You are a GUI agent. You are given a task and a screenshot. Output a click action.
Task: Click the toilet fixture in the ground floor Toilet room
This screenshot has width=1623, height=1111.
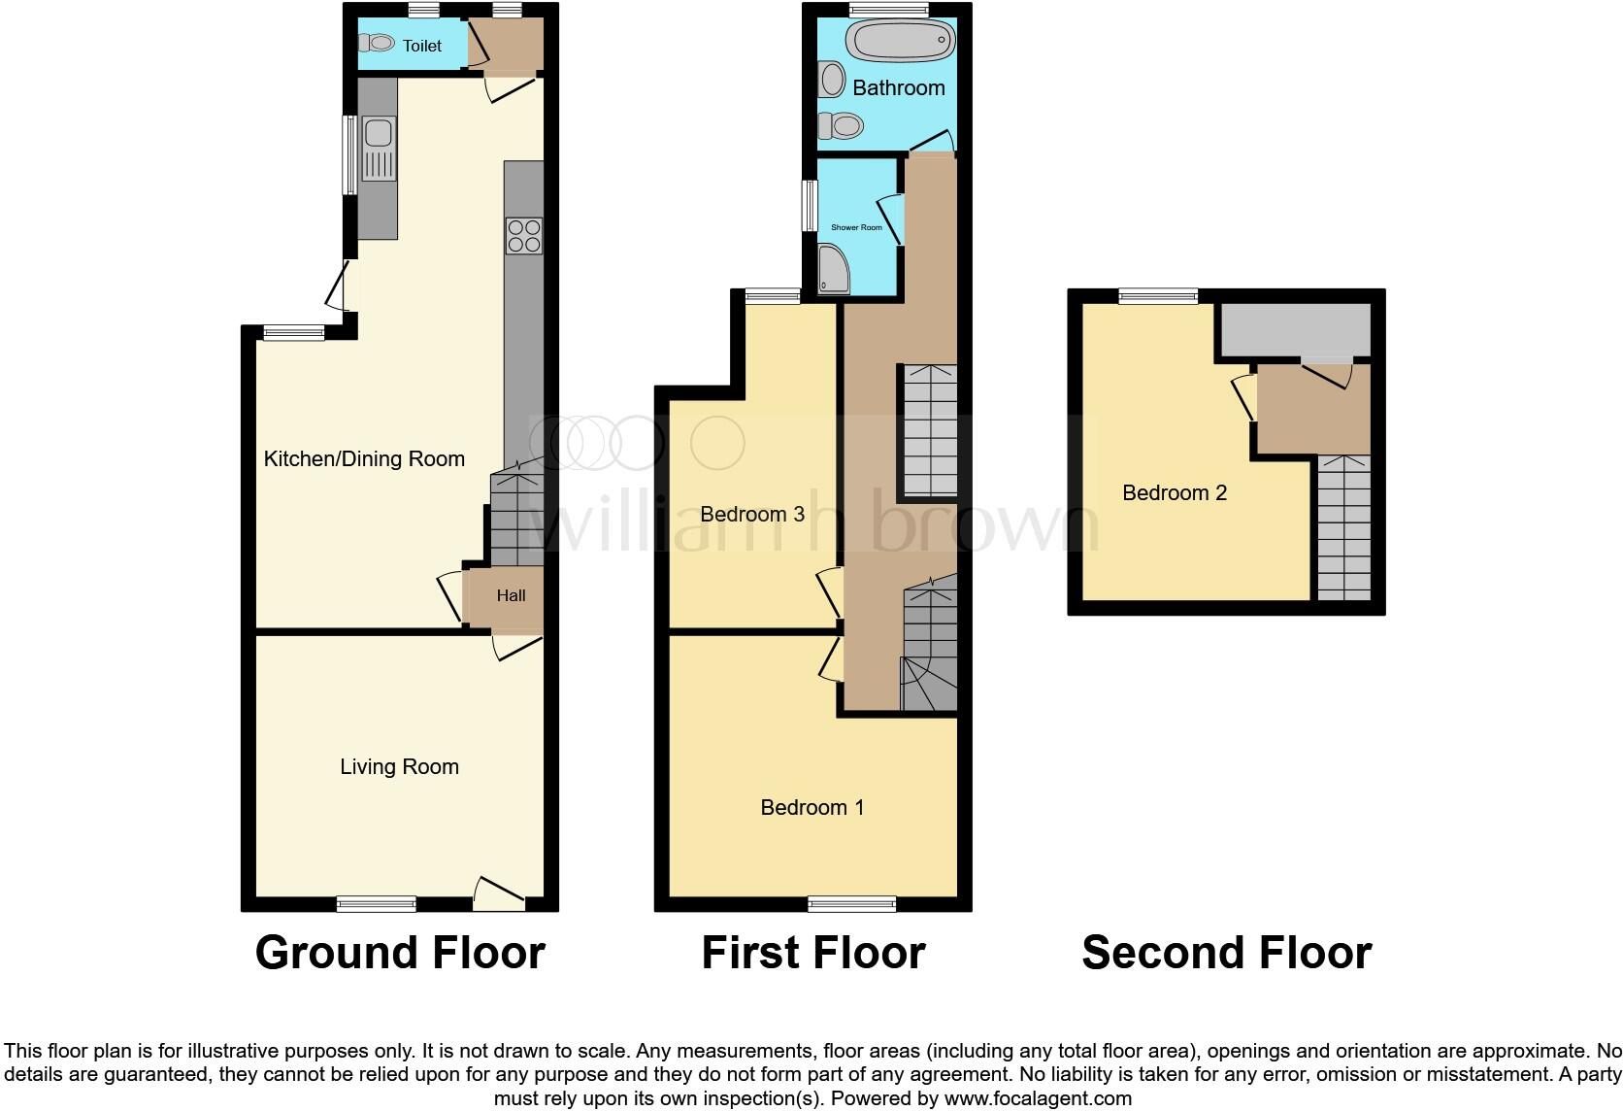pyautogui.click(x=376, y=43)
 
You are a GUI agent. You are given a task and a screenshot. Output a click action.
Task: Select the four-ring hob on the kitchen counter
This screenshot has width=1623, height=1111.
pyautogui.click(x=523, y=236)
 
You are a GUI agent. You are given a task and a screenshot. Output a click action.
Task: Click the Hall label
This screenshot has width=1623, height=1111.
pyautogui.click(x=511, y=595)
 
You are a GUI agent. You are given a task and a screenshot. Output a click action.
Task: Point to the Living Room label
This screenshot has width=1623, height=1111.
pyautogui.click(x=399, y=766)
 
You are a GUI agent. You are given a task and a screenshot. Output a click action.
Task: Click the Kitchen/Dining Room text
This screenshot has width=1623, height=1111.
pyautogui.click(x=364, y=458)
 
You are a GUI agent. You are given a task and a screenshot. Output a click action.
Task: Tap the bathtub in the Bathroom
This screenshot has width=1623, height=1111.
pyautogui.click(x=900, y=41)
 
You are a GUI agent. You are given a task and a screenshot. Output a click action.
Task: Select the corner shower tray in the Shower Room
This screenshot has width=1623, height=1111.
pyautogui.click(x=833, y=270)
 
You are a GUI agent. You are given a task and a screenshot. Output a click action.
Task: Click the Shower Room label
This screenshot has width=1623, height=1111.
pyautogui.click(x=856, y=227)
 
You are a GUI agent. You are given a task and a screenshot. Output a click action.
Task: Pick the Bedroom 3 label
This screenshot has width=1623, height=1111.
pyautogui.click(x=752, y=514)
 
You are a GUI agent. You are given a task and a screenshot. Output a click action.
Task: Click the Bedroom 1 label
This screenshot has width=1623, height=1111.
pyautogui.click(x=811, y=807)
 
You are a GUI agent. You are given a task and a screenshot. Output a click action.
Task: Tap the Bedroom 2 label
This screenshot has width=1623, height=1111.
pyautogui.click(x=1174, y=492)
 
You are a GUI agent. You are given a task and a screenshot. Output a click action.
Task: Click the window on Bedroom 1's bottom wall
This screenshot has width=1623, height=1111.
pyautogui.click(x=851, y=904)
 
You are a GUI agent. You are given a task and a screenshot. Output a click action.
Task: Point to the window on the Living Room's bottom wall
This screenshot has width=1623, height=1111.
pyautogui.click(x=377, y=904)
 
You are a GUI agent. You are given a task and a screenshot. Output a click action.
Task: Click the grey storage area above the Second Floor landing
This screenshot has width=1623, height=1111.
pyautogui.click(x=1295, y=329)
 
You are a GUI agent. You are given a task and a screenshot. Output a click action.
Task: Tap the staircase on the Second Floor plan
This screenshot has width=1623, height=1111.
pyautogui.click(x=1343, y=527)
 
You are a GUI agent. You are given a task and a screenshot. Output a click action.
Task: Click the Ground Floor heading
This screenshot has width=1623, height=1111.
pyautogui.click(x=399, y=953)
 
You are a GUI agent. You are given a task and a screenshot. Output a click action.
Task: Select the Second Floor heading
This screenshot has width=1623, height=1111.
pyautogui.click(x=1226, y=953)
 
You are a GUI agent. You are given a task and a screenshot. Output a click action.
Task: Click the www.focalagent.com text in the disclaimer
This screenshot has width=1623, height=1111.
pyautogui.click(x=1038, y=1099)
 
